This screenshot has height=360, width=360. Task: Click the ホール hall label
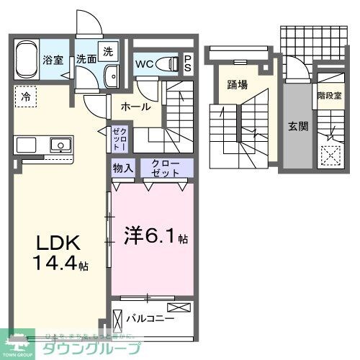tap(135, 107)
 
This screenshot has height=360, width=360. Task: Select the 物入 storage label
tap(122, 168)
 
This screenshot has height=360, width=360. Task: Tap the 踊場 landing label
tap(237, 84)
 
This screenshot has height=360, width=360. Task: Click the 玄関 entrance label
tap(298, 126)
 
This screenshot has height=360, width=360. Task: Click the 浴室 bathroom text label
tap(51, 60)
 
